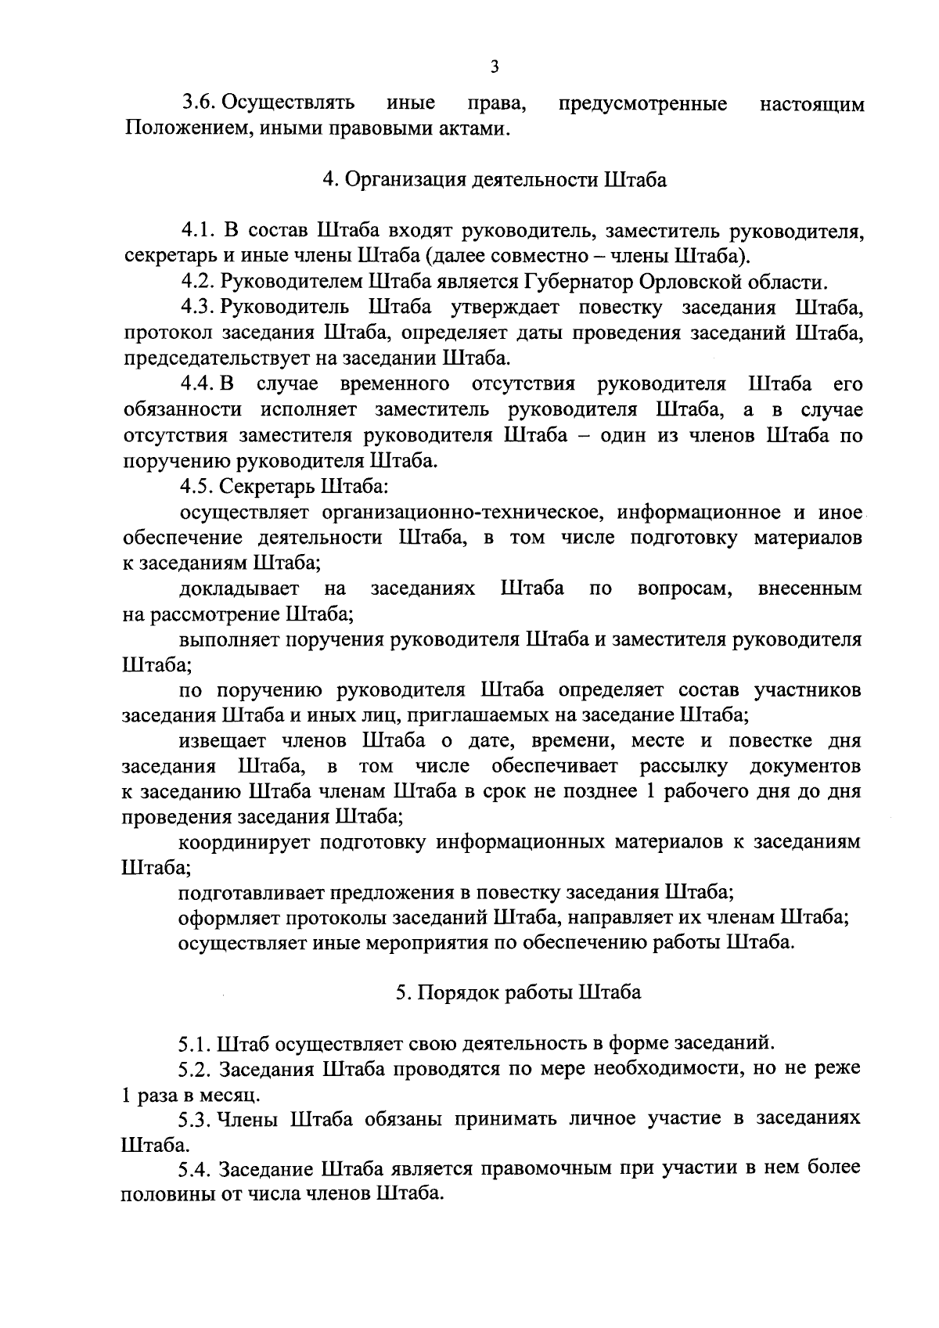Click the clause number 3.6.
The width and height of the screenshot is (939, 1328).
(x=198, y=103)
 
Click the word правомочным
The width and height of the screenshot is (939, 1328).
(x=556, y=1170)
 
